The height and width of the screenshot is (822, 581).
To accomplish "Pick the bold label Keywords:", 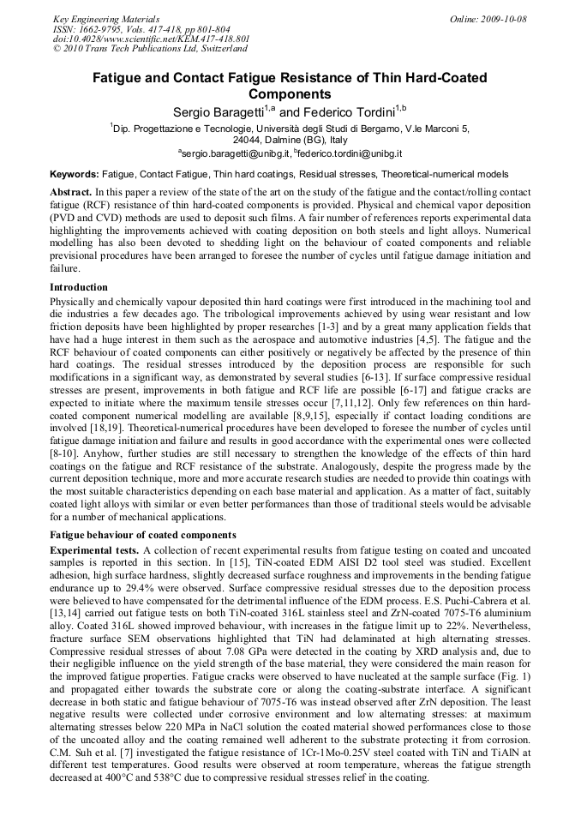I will pyautogui.click(x=74, y=174).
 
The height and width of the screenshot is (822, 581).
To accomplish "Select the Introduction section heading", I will pyautogui.click(x=79, y=287).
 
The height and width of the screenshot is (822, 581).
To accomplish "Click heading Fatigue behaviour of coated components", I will pyautogui.click(x=142, y=535).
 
